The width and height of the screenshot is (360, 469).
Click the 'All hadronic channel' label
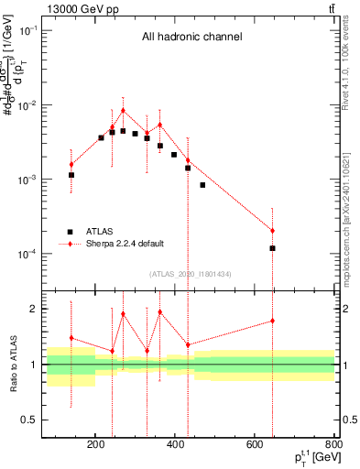point(191,38)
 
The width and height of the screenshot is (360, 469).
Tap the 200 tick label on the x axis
point(96,446)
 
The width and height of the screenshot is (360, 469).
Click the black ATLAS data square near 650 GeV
point(272,248)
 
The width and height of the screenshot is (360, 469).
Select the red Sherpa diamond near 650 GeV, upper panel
point(272,230)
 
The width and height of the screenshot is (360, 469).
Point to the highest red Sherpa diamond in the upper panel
point(123,111)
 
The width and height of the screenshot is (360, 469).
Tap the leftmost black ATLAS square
point(71,174)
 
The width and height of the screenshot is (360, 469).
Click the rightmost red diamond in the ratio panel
point(272,321)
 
